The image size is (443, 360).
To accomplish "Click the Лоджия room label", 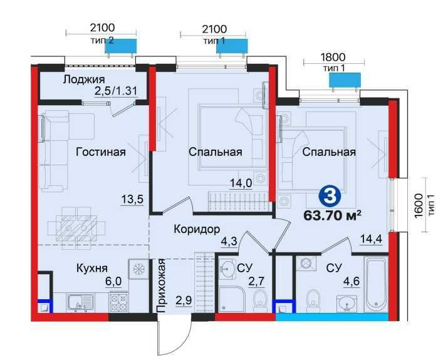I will [x=85, y=80].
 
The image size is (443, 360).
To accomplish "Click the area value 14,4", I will [x=370, y=239].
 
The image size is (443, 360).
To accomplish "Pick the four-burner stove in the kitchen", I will [x=118, y=302].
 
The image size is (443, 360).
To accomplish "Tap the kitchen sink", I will [x=78, y=304].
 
